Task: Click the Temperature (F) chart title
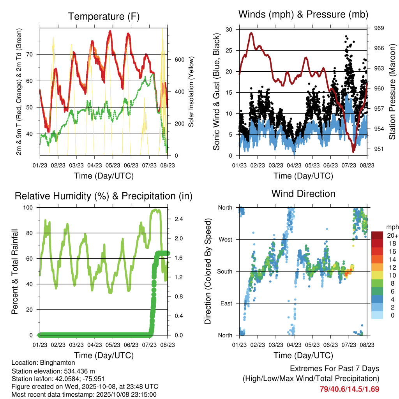tap(104, 17)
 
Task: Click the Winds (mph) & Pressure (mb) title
tap(303, 15)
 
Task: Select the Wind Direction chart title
tap(303, 194)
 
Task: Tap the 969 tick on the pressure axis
tap(380, 28)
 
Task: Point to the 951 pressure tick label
tap(380, 149)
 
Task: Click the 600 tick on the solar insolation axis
tap(179, 60)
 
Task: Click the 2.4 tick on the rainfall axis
tap(179, 219)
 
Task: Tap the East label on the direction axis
tap(226, 303)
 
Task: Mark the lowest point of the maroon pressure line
tap(353, 151)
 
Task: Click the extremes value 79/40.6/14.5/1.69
tap(349, 389)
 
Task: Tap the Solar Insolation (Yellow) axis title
tap(191, 92)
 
